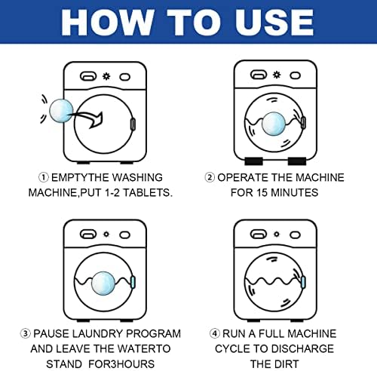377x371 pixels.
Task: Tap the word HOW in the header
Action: click(107, 23)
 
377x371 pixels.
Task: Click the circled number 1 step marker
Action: click(44, 177)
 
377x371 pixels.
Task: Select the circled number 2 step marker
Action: click(210, 177)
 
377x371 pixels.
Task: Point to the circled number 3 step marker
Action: click(25, 333)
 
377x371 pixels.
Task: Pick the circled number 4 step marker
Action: click(215, 333)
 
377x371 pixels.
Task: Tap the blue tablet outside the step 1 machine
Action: click(61, 111)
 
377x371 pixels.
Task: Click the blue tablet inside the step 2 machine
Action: click(274, 124)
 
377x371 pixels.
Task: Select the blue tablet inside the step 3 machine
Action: click(103, 284)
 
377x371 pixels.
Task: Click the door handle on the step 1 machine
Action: click(133, 124)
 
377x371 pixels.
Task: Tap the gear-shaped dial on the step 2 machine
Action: click(277, 75)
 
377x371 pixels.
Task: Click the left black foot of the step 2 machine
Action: click(253, 161)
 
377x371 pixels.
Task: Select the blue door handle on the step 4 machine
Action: click(303, 282)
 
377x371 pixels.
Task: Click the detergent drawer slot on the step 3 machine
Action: click(88, 235)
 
